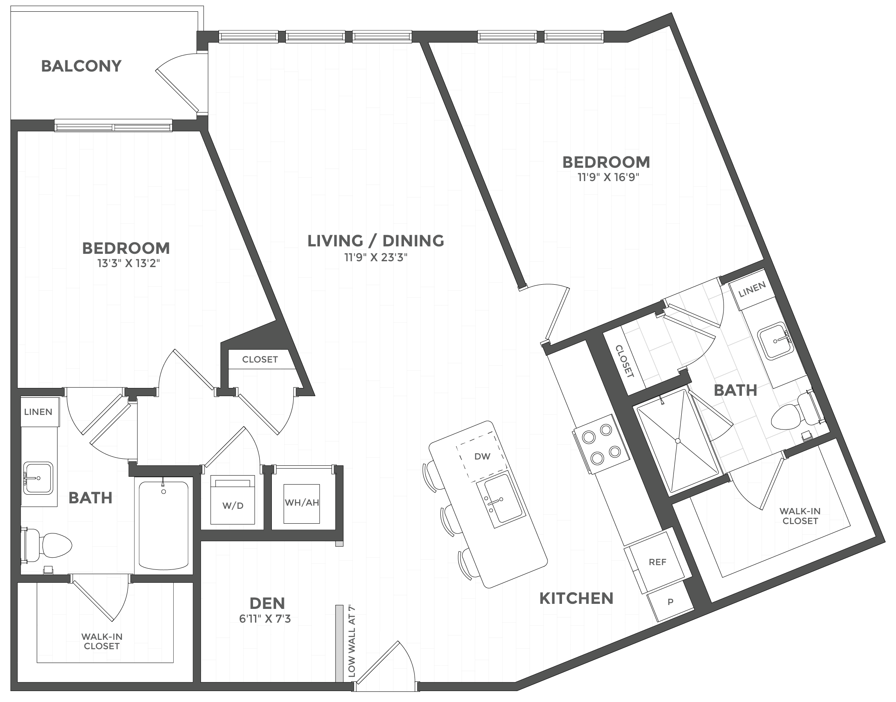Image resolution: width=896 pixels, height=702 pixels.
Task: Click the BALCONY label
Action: pos(81,66)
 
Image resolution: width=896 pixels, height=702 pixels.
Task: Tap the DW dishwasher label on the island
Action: pos(482,456)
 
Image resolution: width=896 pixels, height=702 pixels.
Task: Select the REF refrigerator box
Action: pos(657,562)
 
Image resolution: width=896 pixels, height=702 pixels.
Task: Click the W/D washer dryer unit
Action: pos(233,501)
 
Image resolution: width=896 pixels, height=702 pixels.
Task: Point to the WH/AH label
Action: pos(302,502)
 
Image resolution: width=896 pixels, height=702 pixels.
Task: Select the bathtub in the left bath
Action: pos(163,525)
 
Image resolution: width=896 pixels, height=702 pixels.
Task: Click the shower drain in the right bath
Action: pos(678,441)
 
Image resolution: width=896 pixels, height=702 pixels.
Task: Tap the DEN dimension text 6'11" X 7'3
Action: pos(265,619)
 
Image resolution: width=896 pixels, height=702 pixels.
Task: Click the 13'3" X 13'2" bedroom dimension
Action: pos(128,263)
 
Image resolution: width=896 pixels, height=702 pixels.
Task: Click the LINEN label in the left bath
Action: pos(38,412)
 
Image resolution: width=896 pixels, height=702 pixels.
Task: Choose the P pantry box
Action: pos(670,602)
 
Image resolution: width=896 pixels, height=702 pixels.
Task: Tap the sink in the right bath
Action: pos(775,341)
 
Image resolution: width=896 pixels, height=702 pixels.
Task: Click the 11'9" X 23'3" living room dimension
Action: pos(376,257)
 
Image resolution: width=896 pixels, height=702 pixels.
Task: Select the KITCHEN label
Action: pos(576,598)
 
